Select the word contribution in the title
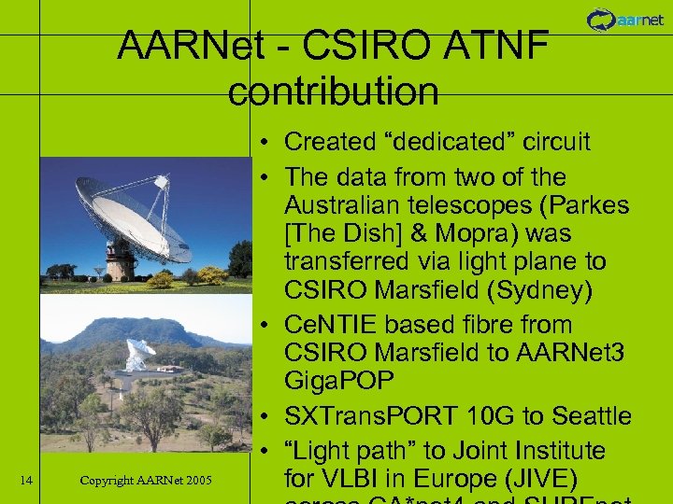(333, 91)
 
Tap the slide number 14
(26, 481)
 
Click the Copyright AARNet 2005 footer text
(146, 481)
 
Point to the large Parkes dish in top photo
(131, 210)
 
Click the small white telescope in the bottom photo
(140, 355)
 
